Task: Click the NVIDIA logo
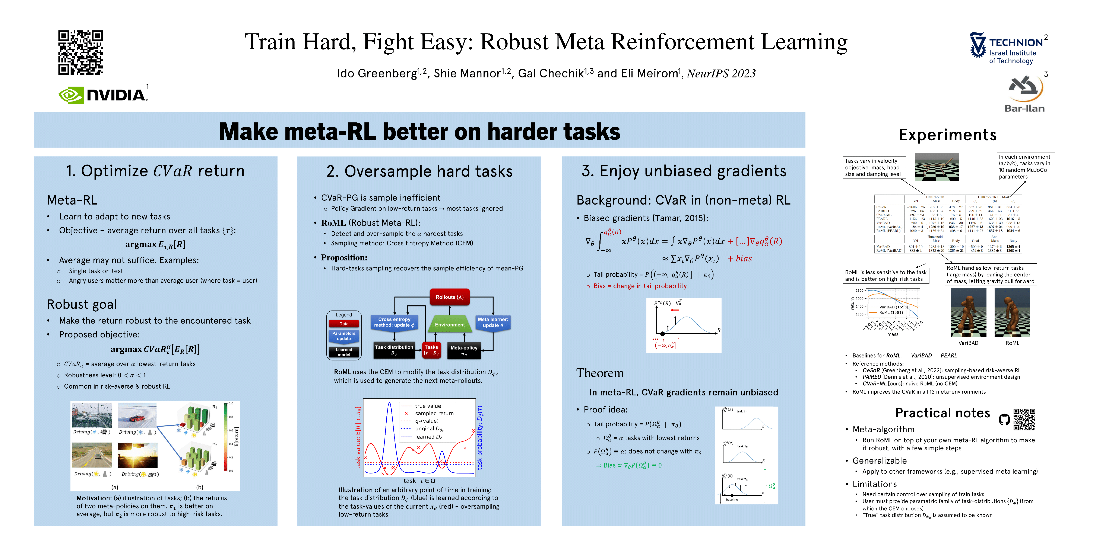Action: coord(103,95)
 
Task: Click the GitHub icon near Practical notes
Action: coord(1004,420)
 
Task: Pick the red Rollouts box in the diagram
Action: coord(449,297)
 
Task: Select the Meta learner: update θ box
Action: coord(493,323)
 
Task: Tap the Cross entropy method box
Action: coord(394,323)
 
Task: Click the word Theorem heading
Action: coord(599,373)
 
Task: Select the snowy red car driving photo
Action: coord(137,415)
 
